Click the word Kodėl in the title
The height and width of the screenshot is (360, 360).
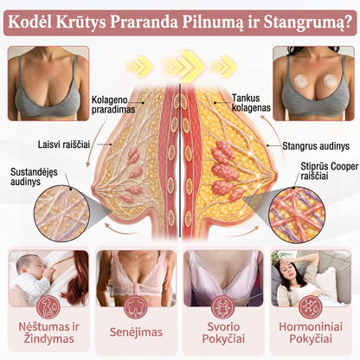tap(29, 22)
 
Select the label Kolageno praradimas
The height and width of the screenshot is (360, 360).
tap(112, 105)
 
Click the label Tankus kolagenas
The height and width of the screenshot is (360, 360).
tap(251, 103)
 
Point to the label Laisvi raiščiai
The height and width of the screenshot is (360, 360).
tap(64, 145)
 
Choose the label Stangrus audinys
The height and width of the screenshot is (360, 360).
tap(316, 146)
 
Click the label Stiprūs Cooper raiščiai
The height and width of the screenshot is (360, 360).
tap(329, 170)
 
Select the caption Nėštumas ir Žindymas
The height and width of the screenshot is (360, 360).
tap(48, 332)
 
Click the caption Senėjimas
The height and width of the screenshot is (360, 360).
tap(136, 332)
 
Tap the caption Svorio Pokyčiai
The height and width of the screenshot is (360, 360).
tap(223, 332)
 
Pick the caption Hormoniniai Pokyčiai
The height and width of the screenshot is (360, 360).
tap(311, 332)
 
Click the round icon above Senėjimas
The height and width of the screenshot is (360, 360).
tap(136, 307)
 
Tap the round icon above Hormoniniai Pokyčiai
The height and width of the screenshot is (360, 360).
tap(311, 307)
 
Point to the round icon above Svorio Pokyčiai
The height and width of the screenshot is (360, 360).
tap(222, 307)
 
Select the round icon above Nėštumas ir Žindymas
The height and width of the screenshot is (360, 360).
tap(48, 307)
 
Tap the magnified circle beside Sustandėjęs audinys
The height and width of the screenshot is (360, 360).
tap(61, 214)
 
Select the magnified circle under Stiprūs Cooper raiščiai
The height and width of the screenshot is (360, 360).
tap(297, 215)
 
